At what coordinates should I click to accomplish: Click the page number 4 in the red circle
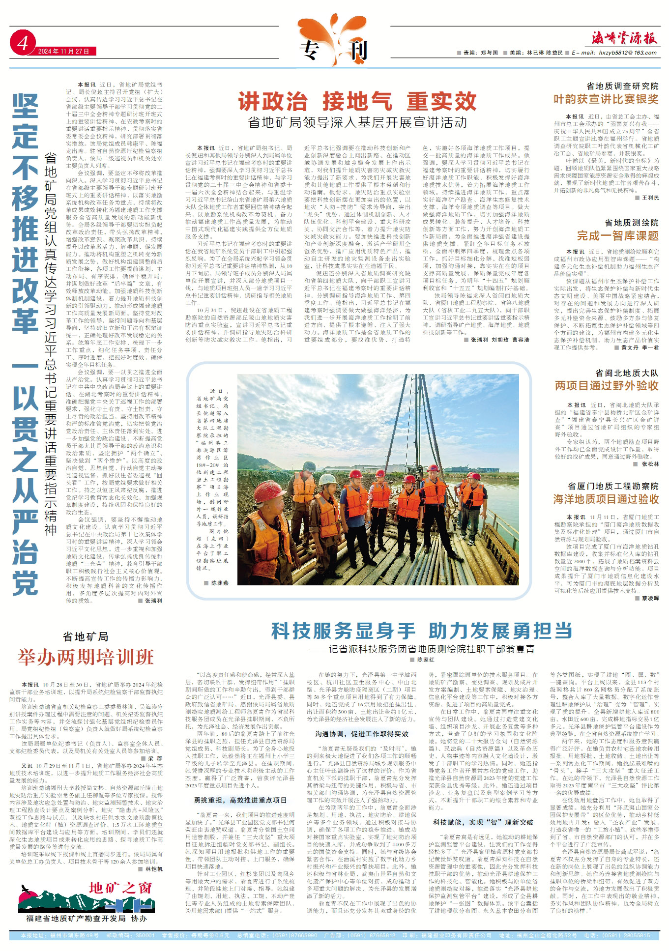tap(22, 44)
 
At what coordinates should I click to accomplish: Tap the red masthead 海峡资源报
tap(624, 37)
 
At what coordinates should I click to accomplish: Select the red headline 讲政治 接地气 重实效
tap(357, 102)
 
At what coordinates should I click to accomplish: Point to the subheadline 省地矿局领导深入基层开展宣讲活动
tap(357, 122)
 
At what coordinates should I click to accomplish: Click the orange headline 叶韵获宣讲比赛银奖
tap(606, 99)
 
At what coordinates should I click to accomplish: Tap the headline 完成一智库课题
tap(617, 236)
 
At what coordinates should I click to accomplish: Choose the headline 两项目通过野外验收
tap(607, 386)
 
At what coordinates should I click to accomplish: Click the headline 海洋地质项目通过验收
tap(606, 499)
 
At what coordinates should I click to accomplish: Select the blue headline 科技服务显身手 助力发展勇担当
tap(422, 631)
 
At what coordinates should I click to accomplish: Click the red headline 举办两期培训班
tap(86, 658)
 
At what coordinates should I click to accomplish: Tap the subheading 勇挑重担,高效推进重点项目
tap(240, 800)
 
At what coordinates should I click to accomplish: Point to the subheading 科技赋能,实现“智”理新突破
tap(483, 822)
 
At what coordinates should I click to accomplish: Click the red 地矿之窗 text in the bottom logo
tap(120, 888)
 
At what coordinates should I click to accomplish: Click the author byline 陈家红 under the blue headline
tap(426, 660)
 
